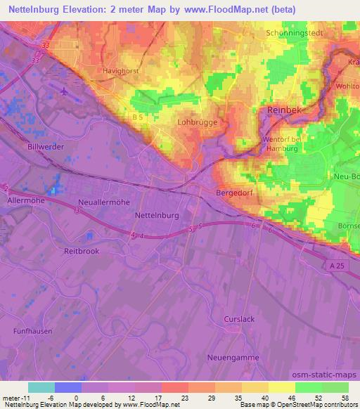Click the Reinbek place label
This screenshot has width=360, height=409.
[x=285, y=111]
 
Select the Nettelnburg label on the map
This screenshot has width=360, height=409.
[x=157, y=215]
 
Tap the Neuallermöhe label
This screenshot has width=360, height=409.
[x=99, y=202]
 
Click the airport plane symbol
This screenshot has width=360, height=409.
[x=65, y=90]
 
